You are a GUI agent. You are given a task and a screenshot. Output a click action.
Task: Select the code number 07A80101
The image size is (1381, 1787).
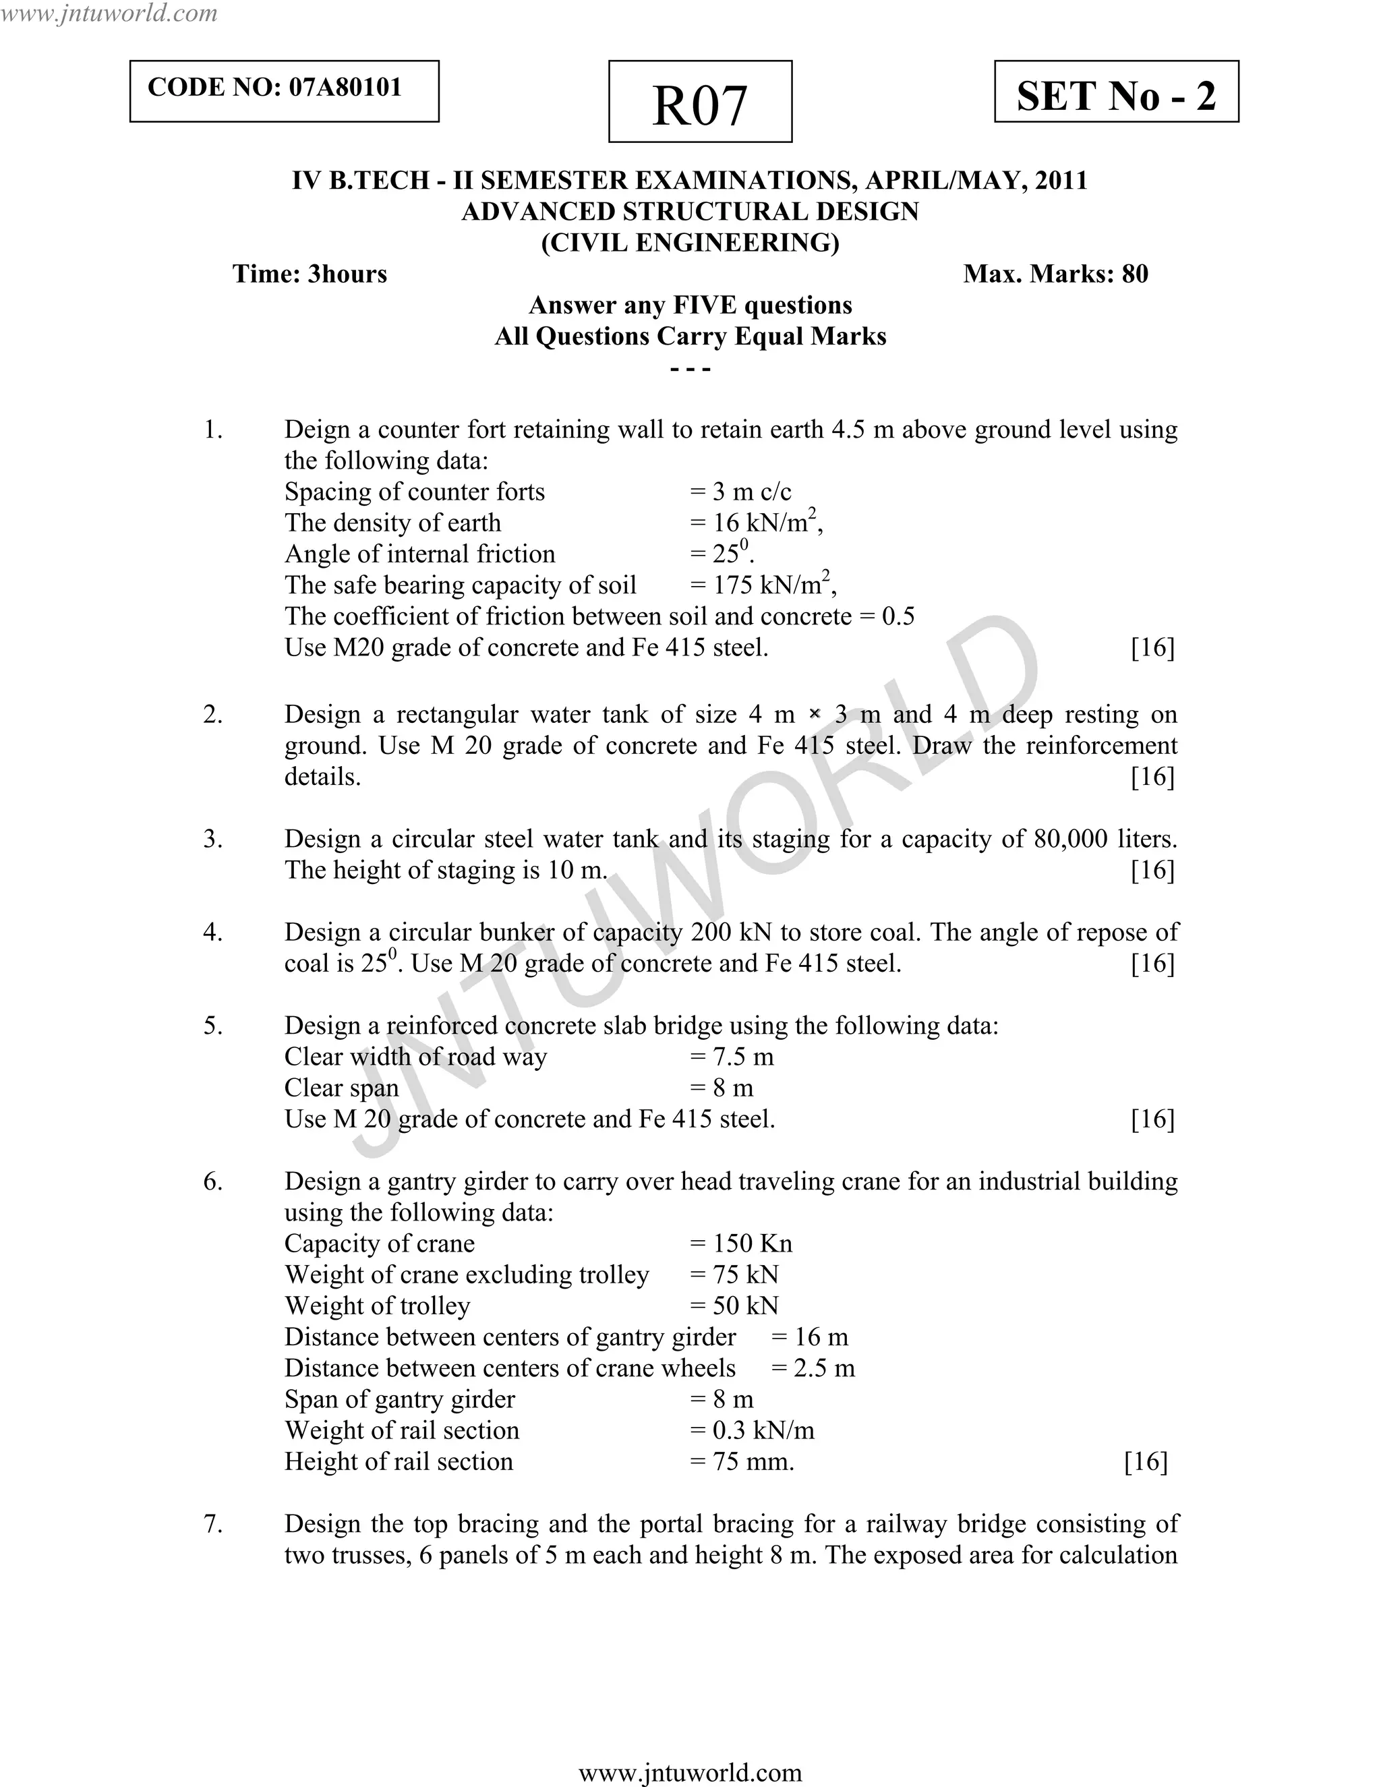point(345,88)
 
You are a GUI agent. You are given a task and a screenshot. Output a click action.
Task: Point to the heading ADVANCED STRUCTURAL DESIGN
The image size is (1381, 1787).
point(690,211)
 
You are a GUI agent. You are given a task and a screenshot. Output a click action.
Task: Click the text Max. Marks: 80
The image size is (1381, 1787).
point(1055,273)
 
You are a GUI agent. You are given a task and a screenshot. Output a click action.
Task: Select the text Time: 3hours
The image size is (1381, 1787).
point(310,273)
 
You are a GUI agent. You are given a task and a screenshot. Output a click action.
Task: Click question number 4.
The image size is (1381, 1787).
point(212,932)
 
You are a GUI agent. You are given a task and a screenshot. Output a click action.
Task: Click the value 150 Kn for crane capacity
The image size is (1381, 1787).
point(752,1243)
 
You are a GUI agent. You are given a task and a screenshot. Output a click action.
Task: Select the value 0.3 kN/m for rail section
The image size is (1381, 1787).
point(763,1430)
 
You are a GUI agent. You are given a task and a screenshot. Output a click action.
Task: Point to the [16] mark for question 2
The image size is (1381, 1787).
point(1152,776)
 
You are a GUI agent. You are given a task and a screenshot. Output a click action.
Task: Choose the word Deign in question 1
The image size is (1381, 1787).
point(322,430)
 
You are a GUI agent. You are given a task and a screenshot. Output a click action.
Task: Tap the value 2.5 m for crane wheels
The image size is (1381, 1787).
point(824,1368)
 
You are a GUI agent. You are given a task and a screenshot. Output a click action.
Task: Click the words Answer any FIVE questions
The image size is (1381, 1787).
point(690,305)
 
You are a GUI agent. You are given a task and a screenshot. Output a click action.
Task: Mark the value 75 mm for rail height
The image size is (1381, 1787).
point(752,1461)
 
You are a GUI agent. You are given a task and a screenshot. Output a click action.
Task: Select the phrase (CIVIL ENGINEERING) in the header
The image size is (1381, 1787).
point(690,242)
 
